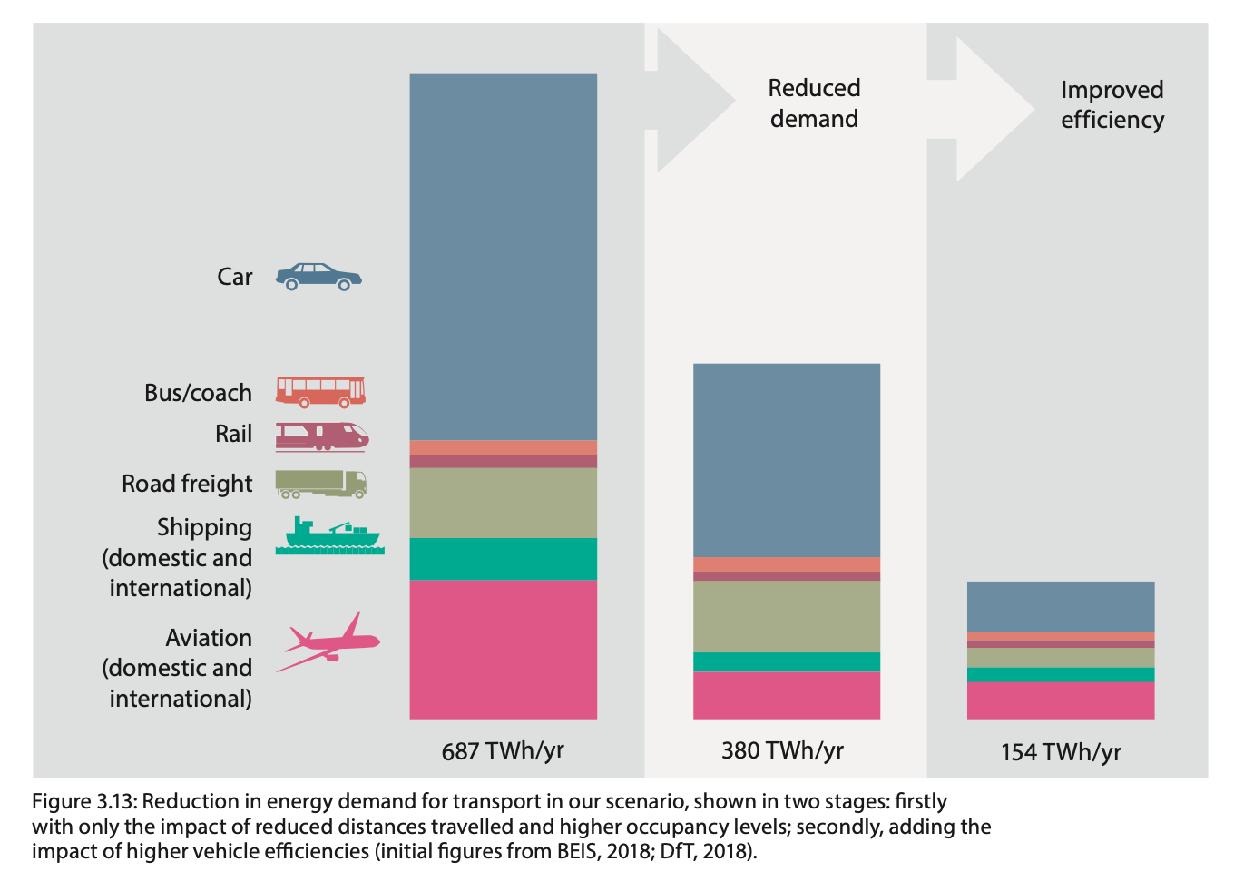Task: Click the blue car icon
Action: (318, 277)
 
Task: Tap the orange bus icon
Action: (320, 392)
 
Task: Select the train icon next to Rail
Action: (321, 436)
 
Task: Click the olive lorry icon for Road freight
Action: (320, 484)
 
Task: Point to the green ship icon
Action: (330, 535)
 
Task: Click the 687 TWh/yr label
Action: (503, 751)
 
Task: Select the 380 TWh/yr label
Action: (782, 751)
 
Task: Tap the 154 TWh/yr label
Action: (1061, 752)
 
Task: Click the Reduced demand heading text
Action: (814, 103)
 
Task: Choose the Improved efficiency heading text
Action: (1112, 104)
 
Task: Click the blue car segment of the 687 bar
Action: (503, 257)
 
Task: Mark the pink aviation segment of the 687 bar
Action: (503, 649)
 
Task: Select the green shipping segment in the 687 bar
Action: (503, 559)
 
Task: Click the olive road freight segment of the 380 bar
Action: (787, 616)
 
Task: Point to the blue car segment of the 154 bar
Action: (1061, 606)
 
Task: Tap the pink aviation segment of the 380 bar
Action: (787, 695)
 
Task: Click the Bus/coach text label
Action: (198, 393)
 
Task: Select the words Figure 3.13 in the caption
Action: (83, 802)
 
